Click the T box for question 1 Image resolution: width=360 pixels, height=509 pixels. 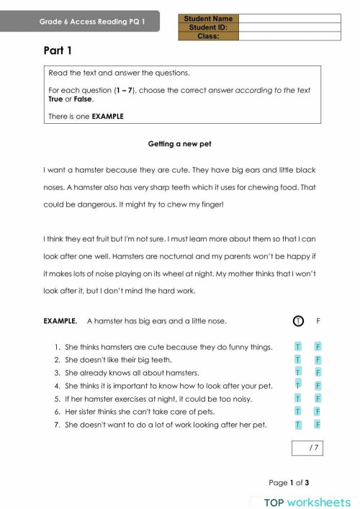[297, 346]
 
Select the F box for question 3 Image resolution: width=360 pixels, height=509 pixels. [318, 372]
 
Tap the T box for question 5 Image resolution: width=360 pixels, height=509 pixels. [297, 398]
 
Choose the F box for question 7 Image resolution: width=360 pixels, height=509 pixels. [318, 424]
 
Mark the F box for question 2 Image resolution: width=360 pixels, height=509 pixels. [318, 359]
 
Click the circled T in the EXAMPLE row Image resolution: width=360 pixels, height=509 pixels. [297, 321]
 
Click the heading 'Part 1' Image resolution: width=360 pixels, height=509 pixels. [58, 51]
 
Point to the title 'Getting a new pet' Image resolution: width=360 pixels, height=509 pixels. [179, 144]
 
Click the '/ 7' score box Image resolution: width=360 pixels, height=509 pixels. [307, 449]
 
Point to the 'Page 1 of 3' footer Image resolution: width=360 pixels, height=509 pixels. [289, 483]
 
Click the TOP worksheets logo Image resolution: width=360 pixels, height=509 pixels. [307, 501]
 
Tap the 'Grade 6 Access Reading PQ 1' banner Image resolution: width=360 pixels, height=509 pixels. [92, 22]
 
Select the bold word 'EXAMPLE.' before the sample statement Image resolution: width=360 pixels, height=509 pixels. [60, 321]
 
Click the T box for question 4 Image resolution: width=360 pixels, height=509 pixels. [297, 385]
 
